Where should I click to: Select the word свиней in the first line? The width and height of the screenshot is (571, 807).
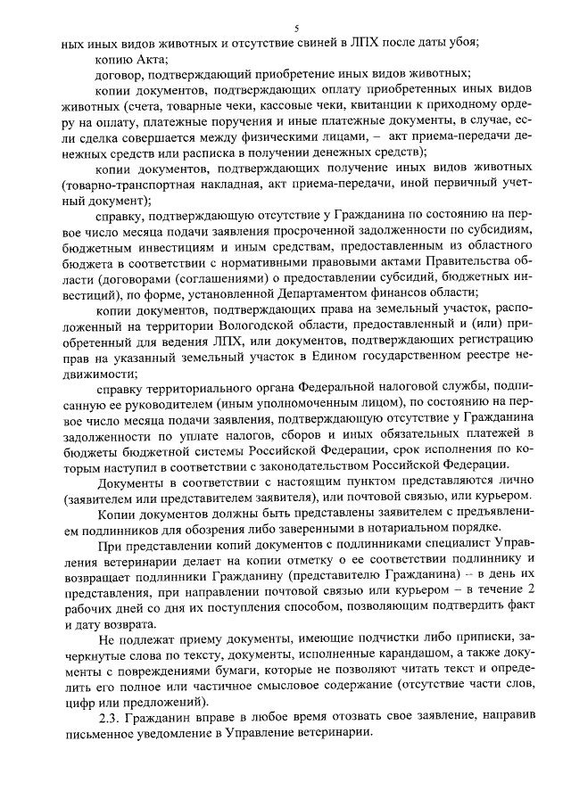pyautogui.click(x=319, y=43)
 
